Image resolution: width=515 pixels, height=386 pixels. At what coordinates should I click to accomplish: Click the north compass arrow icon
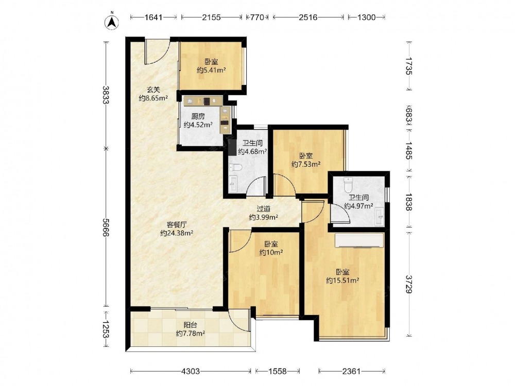pos(112,22)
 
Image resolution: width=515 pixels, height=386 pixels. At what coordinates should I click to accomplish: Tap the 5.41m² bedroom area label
pos(211,66)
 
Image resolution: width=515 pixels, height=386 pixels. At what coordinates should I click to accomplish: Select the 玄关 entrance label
pos(153,94)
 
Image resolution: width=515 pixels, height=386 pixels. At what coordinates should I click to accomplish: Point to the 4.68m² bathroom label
pos(252,147)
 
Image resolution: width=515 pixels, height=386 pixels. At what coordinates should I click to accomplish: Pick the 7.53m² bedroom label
pos(306,160)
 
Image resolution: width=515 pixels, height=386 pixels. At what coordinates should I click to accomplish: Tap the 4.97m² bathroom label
pos(358,202)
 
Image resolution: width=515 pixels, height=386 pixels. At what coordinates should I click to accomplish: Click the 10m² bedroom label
pos(271,248)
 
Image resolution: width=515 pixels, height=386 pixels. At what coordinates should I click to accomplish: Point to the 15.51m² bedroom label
pos(342,276)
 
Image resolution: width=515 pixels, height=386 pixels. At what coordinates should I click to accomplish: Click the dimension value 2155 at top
pos(211,17)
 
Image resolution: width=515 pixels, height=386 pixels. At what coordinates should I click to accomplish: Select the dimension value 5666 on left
pos(106,227)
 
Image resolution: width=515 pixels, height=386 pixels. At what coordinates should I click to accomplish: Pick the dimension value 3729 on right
pos(408,284)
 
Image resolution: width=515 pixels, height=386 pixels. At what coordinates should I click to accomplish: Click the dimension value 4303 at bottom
pos(191,371)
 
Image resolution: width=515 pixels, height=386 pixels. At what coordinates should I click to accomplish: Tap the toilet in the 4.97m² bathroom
pos(348,185)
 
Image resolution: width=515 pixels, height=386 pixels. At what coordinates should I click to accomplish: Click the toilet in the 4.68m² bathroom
pos(235,168)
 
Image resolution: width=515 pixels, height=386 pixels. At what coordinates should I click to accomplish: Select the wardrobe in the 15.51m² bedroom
pos(359,240)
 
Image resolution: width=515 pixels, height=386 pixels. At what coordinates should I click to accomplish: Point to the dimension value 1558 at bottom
pos(278,371)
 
